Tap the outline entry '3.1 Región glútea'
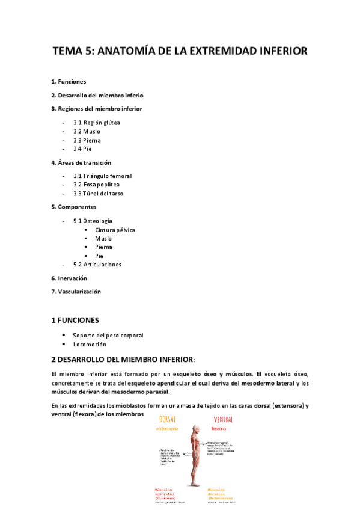coord(97,123)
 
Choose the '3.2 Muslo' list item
coord(87,131)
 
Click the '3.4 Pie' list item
coord(83,149)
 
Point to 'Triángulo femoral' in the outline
coord(107,176)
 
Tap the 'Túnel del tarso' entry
coord(103,194)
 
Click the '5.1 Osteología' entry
coord(93,221)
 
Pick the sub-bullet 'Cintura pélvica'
coord(115,230)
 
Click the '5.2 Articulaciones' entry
coord(97,265)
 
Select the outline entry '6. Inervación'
coord(69,278)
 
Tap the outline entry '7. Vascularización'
coord(76,292)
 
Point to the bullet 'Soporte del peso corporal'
coord(108,336)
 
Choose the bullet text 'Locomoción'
coord(90,345)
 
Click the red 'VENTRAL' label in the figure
coord(224,419)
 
